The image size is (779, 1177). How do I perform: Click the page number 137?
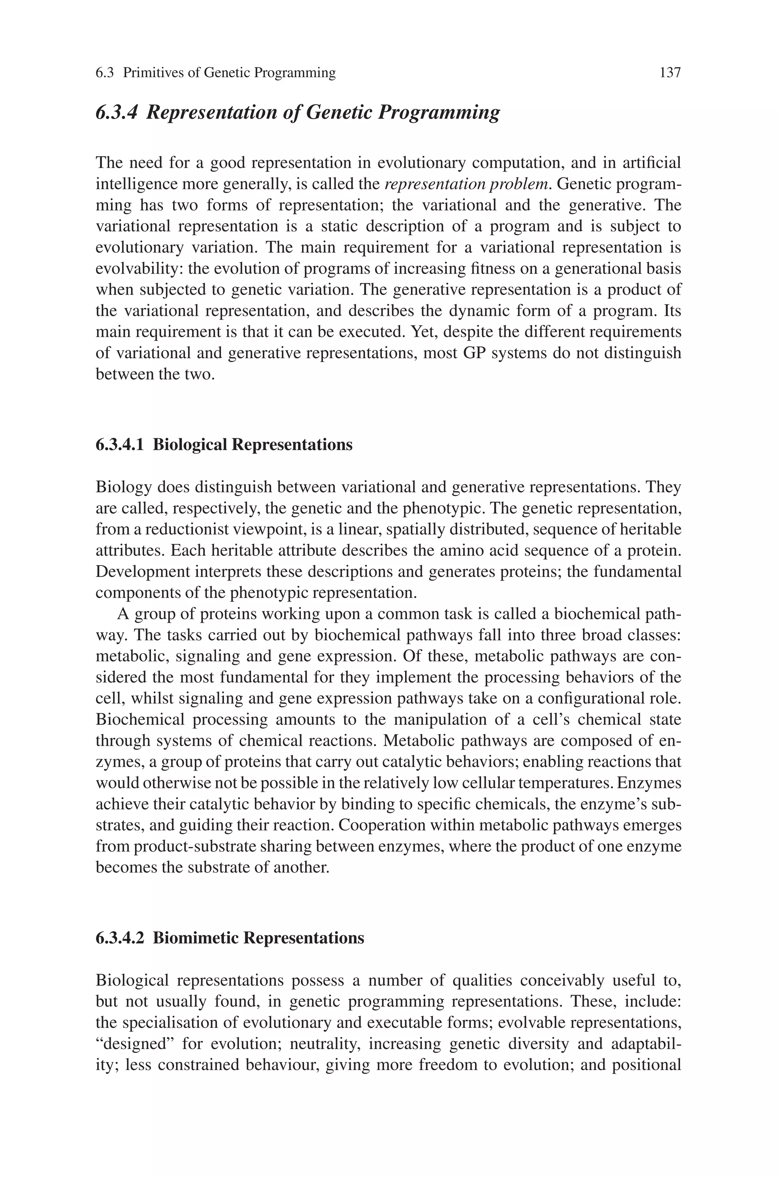(670, 73)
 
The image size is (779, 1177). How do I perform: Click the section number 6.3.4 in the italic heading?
(115, 112)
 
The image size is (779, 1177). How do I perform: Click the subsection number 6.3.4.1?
(119, 444)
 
